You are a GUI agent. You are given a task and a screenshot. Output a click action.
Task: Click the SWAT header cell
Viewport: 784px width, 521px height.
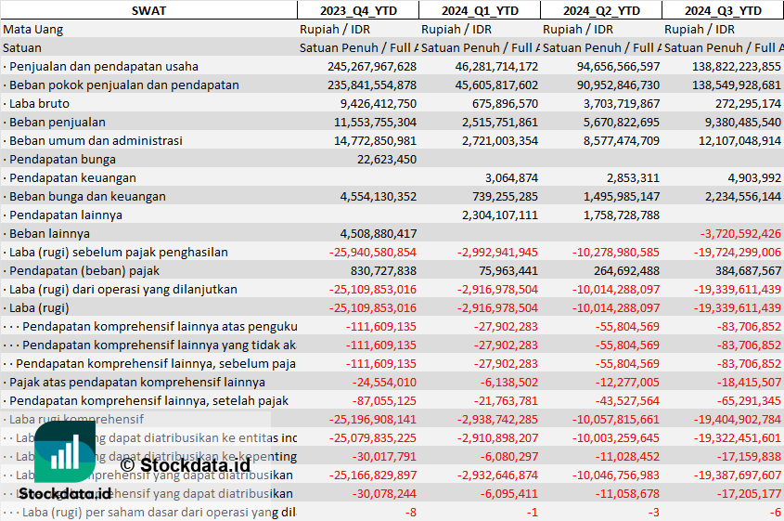click(148, 10)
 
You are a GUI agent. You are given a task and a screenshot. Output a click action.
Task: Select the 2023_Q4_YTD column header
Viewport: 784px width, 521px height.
click(357, 10)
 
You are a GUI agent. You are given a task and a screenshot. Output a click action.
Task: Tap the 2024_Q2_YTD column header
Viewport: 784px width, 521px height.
click(601, 10)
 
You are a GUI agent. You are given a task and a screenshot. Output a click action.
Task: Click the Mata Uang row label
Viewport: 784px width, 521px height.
click(33, 30)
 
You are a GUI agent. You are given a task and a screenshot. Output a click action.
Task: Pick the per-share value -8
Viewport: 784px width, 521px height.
click(411, 513)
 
